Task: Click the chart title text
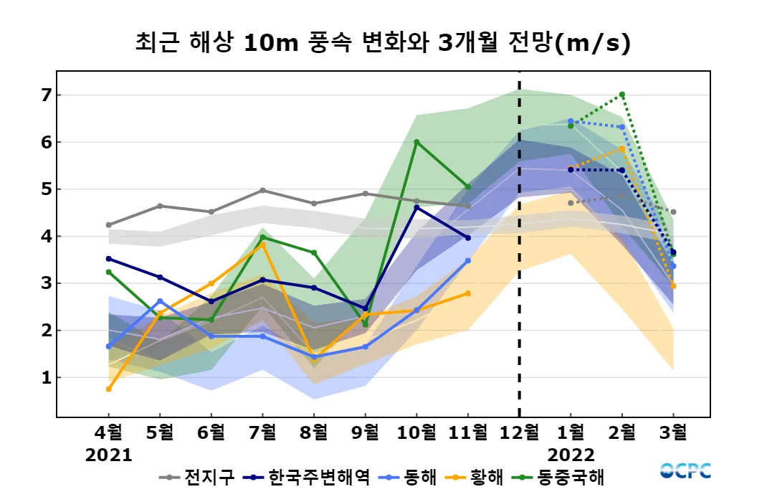coord(383,43)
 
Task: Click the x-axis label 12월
coord(519,433)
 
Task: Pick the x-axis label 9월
coord(365,433)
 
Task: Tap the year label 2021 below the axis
coord(109,455)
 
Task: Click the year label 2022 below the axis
coord(571,455)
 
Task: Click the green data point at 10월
coord(416,142)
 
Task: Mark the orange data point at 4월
coord(109,389)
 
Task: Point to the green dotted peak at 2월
coord(621,95)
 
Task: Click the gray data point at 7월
coord(263,190)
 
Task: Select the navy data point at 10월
coord(416,207)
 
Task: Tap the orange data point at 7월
coord(263,245)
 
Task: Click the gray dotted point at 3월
coord(673,212)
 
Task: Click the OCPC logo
coord(685,471)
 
